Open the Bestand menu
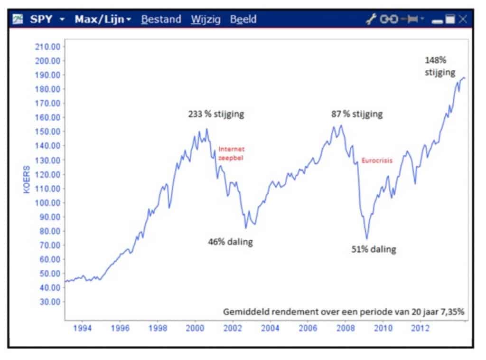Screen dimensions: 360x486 click(x=161, y=19)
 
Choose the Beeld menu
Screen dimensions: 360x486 click(x=243, y=19)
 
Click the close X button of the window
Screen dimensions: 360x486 click(x=463, y=19)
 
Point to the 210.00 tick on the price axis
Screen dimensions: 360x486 click(x=48, y=47)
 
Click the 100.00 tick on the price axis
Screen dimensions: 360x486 click(x=48, y=202)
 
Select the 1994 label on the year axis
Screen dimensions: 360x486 click(x=83, y=328)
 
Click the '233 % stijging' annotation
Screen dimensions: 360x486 click(x=216, y=114)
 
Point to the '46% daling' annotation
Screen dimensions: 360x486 click(x=230, y=242)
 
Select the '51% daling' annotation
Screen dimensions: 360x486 click(x=373, y=249)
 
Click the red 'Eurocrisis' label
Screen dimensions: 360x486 click(x=377, y=161)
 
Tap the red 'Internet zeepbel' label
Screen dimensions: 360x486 click(x=231, y=153)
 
